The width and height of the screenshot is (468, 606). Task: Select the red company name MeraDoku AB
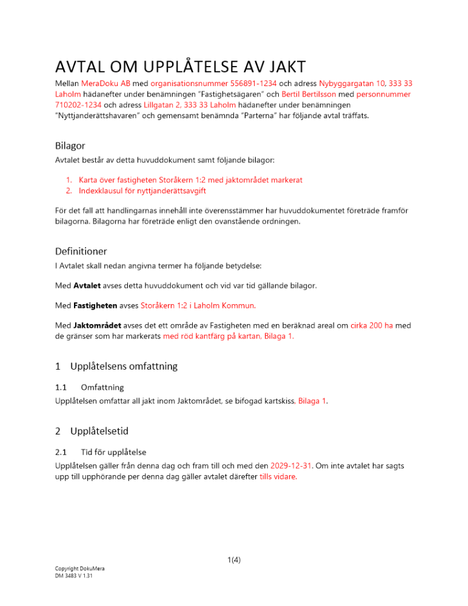[x=106, y=83]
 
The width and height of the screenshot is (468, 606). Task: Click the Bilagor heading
[x=69, y=146]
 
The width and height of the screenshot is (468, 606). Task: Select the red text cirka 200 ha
[x=371, y=325]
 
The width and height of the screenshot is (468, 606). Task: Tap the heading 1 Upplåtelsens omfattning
[x=116, y=366]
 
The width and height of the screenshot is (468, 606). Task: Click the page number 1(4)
[x=234, y=560]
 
